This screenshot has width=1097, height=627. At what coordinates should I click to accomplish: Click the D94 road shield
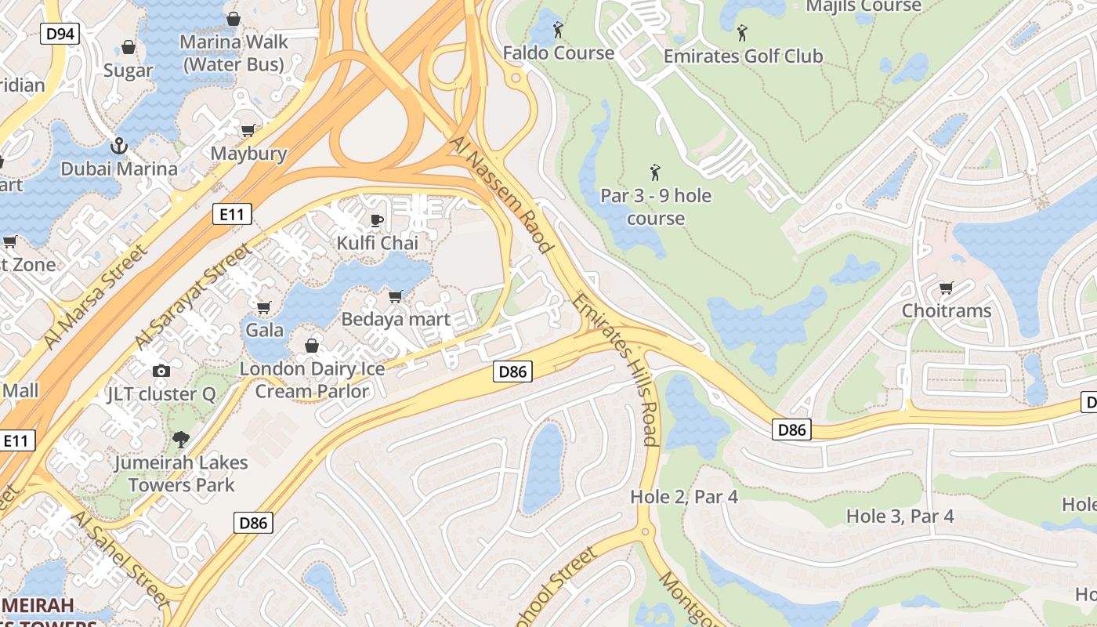[60, 34]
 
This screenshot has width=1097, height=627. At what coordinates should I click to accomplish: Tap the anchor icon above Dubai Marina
[119, 146]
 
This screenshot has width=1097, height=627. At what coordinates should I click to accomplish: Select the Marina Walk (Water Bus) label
[234, 53]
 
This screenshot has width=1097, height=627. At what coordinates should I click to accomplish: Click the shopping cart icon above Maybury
[248, 130]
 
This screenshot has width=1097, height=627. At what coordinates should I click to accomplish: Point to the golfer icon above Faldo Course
[558, 30]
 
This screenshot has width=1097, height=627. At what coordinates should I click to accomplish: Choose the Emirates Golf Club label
[743, 56]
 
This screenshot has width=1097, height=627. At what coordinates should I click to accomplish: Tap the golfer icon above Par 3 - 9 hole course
[655, 172]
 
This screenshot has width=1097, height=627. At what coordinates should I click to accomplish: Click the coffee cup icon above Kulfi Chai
[377, 220]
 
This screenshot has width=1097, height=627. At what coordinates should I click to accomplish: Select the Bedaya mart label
[396, 319]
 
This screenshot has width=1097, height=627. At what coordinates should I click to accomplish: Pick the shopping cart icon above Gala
[264, 306]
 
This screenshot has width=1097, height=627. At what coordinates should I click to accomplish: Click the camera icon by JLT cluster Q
[161, 371]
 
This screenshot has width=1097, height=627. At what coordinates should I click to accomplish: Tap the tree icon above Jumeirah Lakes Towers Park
[181, 439]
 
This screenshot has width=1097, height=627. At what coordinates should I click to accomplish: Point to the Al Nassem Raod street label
[502, 193]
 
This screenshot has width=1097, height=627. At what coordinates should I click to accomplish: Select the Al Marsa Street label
[96, 296]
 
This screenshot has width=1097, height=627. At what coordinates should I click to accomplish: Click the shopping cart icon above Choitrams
[947, 288]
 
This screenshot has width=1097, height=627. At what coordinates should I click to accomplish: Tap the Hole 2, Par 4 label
[684, 497]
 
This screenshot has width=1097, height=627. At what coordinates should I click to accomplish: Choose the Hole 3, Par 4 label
[900, 516]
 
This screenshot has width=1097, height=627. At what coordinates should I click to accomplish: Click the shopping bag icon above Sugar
[129, 47]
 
